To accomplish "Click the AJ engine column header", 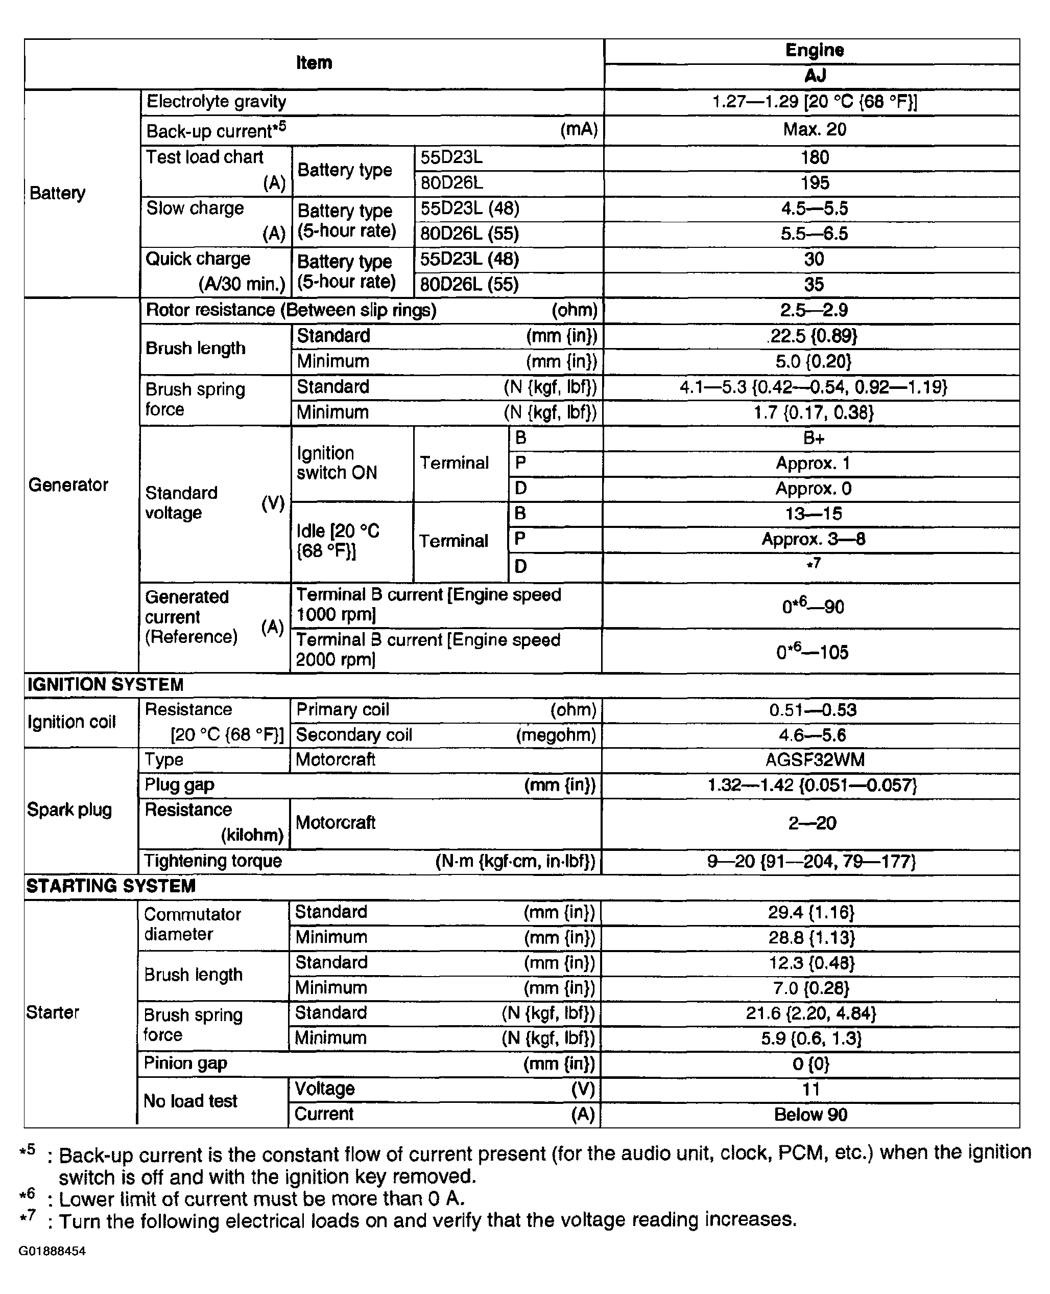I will [x=815, y=76].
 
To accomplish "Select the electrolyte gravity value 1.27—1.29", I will [x=814, y=102].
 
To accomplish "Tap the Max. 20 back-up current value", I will [x=814, y=129].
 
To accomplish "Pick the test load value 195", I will [x=814, y=183].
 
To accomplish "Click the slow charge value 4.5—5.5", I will [x=814, y=209].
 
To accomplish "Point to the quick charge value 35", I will [x=814, y=285].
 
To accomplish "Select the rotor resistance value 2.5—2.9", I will [x=814, y=311].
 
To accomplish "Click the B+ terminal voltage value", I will [x=814, y=438].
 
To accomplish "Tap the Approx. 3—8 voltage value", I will [x=814, y=539].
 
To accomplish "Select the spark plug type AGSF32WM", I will [x=815, y=760].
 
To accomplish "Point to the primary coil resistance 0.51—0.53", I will [x=813, y=710].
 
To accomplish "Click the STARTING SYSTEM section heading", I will [x=111, y=887].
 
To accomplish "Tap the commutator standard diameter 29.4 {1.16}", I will [x=811, y=912].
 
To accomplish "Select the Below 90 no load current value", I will [x=810, y=1115].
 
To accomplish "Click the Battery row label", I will [x=58, y=193].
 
